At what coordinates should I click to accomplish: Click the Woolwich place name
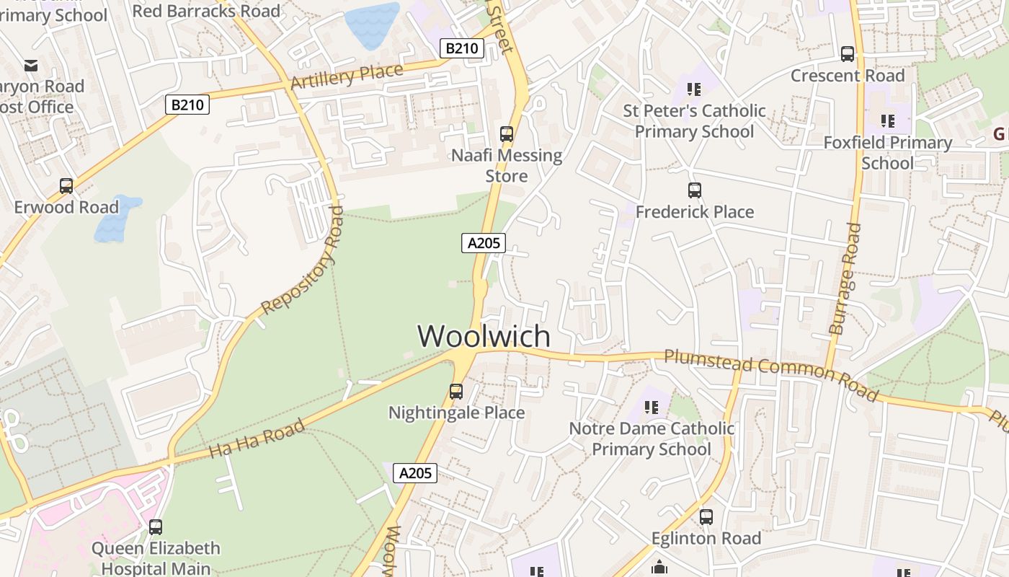(484, 337)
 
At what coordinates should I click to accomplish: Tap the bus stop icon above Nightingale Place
(456, 392)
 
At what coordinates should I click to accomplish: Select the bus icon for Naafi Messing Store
(507, 133)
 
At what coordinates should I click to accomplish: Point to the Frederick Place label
(695, 212)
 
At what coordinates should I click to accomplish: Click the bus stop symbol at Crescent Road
(848, 54)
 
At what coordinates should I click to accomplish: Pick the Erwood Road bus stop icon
(66, 186)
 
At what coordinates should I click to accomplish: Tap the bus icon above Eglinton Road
(706, 517)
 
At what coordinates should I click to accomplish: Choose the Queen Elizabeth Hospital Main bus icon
(156, 527)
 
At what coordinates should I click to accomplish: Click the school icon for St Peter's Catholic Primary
(694, 89)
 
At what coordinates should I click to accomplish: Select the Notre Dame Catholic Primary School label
(652, 439)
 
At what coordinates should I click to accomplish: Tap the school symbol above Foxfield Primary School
(887, 121)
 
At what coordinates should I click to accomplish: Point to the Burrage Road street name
(845, 278)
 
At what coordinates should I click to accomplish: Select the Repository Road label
(303, 261)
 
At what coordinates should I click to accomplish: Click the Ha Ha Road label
(257, 439)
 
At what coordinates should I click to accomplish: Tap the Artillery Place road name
(347, 76)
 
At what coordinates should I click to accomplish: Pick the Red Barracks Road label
(206, 11)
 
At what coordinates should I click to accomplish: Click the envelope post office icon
(31, 66)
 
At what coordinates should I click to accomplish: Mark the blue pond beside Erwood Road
(116, 219)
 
